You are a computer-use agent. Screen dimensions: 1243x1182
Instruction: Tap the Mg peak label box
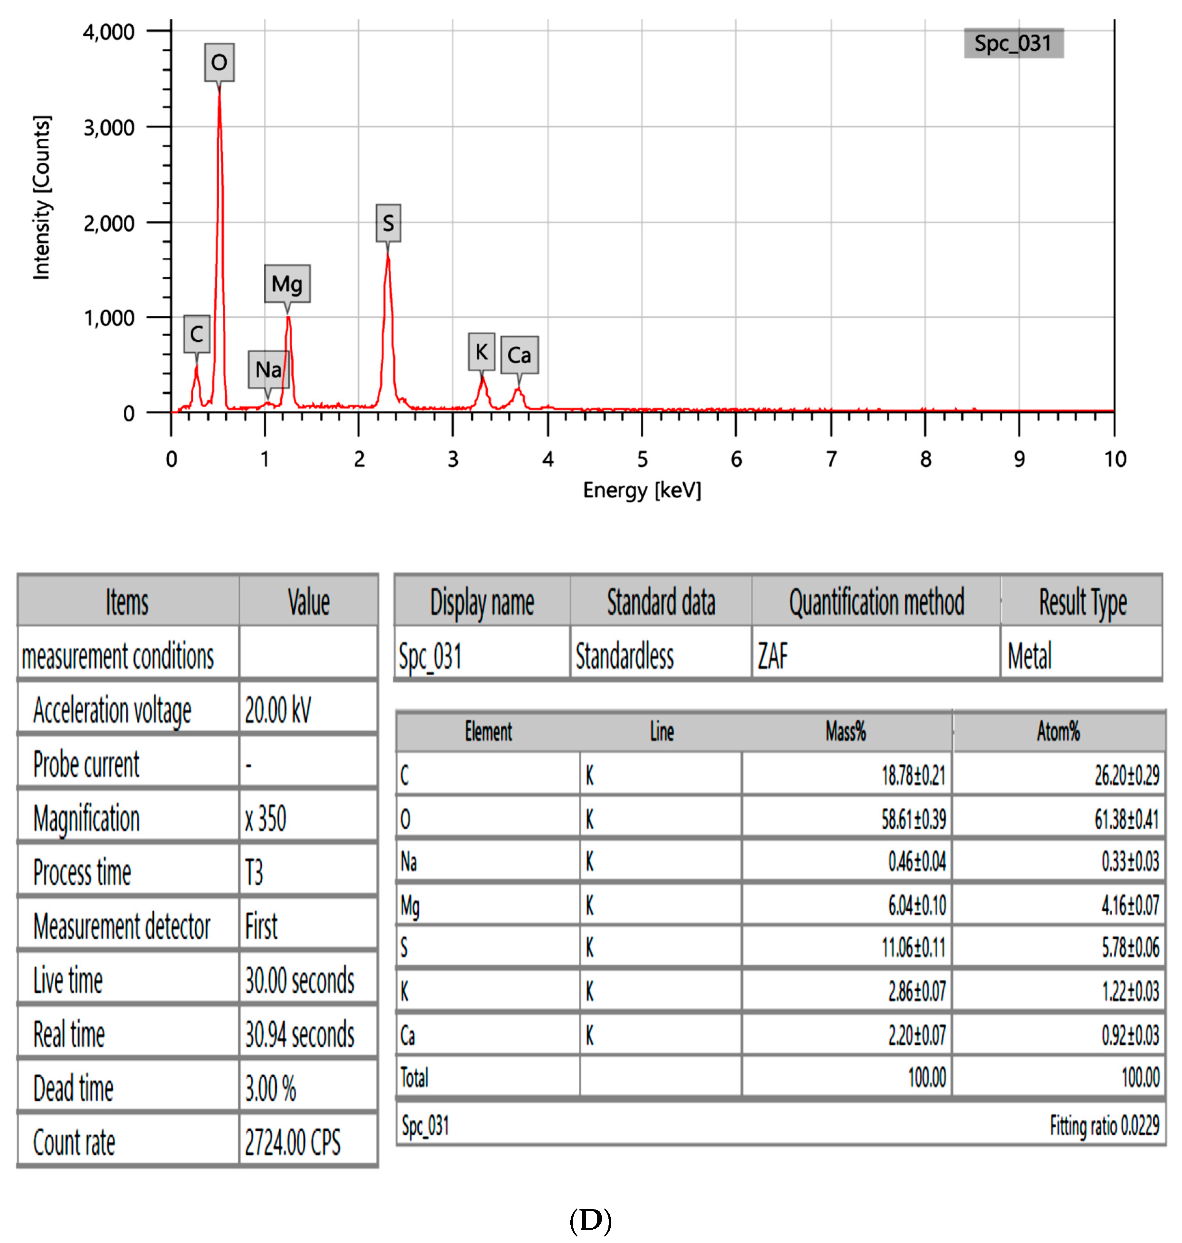pyautogui.click(x=287, y=283)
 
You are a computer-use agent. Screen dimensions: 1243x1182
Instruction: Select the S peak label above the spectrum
pyautogui.click(x=388, y=223)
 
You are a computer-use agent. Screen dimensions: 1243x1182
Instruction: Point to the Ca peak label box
pyautogui.click(x=519, y=355)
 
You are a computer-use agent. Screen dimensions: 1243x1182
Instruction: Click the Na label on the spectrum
pyautogui.click(x=269, y=369)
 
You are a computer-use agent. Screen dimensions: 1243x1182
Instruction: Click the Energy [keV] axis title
pyautogui.click(x=641, y=490)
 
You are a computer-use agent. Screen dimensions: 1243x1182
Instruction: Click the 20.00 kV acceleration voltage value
pyautogui.click(x=278, y=710)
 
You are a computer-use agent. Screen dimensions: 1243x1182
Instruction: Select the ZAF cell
pyautogui.click(x=772, y=656)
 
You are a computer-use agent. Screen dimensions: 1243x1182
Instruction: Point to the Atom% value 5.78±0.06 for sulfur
pyautogui.click(x=1130, y=947)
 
